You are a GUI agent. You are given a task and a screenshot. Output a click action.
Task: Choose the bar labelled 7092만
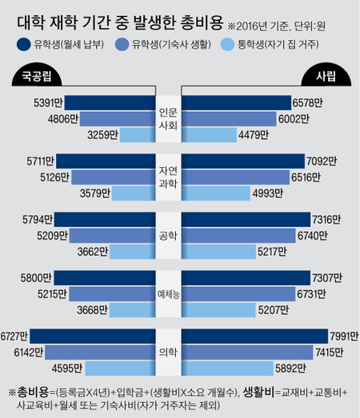tap(244, 160)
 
